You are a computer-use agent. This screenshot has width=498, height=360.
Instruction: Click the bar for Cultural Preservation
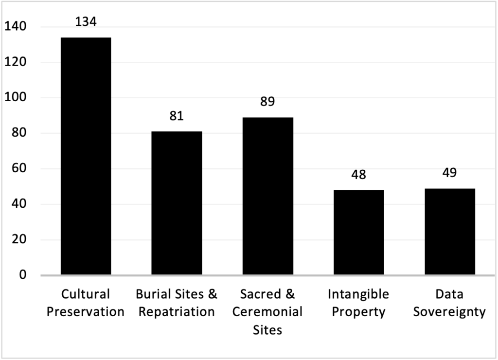click(86, 156)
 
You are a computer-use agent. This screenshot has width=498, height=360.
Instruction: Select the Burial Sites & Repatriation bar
click(177, 203)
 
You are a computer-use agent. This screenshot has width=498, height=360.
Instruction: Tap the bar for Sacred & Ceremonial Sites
click(267, 196)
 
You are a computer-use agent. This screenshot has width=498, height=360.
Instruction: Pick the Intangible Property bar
click(358, 233)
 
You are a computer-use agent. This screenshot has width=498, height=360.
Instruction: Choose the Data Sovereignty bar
click(449, 232)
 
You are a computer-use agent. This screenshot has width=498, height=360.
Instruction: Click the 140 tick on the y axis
click(16, 27)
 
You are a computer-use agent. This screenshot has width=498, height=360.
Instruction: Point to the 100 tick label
click(16, 98)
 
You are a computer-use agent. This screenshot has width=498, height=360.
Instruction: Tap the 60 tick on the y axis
click(19, 169)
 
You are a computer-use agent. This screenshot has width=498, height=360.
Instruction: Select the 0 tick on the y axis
click(23, 275)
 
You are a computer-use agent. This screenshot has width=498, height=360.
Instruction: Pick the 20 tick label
click(19, 240)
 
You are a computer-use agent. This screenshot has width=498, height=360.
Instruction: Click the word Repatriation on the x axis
click(177, 312)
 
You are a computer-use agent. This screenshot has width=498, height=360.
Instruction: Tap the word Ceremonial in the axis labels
click(267, 312)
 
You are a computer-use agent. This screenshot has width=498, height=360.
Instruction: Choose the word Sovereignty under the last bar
click(449, 312)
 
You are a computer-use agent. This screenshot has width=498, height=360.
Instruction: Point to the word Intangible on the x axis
click(358, 294)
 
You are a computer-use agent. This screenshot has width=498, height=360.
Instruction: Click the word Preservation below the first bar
click(86, 312)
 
